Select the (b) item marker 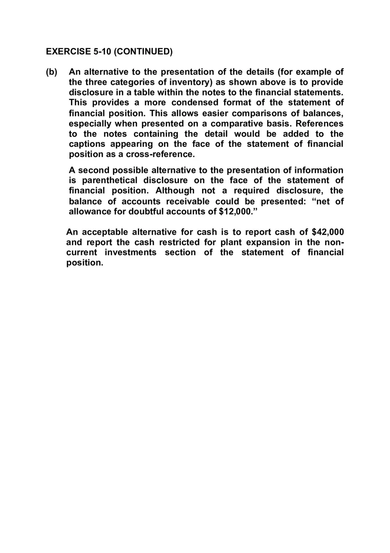(52, 72)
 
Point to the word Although (175, 191)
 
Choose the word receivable (187, 201)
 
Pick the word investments (131, 252)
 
